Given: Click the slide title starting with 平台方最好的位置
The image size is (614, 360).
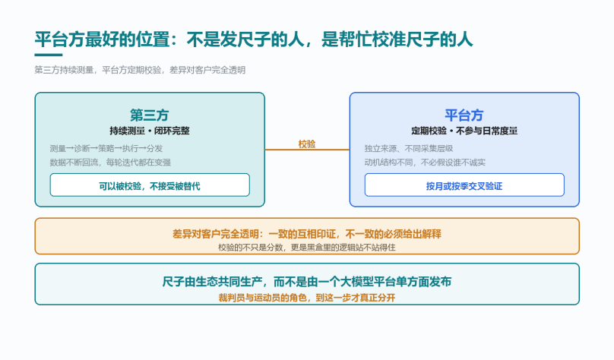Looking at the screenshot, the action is tap(254, 39).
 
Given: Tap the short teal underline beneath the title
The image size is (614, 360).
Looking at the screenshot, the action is tap(49, 55).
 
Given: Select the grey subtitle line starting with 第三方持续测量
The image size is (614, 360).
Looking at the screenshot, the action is tap(140, 70).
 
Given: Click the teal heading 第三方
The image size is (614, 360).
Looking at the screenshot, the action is tap(150, 115).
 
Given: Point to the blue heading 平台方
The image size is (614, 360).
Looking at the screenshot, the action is tap(464, 115).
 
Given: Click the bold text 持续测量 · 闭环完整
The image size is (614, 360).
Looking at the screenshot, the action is tap(150, 131).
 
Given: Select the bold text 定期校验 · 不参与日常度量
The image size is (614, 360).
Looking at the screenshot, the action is tap(464, 131).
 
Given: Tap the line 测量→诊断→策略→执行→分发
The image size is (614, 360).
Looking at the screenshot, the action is tap(106, 148).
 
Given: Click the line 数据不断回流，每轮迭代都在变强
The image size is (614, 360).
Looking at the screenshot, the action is tap(110, 163).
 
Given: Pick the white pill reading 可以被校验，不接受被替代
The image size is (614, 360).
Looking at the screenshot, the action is tap(150, 185).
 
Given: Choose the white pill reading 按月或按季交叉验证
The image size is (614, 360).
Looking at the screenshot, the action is tap(464, 185).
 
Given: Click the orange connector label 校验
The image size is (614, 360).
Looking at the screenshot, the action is tap(306, 144).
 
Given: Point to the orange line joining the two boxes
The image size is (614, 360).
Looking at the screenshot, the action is tap(307, 150).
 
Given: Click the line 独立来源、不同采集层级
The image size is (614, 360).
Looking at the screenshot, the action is tap(408, 148).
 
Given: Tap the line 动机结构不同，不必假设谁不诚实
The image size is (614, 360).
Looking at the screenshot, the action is tap(425, 163).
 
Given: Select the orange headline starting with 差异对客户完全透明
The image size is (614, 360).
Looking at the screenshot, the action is tap(306, 234).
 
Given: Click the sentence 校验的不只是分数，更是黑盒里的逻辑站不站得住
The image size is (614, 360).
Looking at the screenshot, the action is tap(306, 248).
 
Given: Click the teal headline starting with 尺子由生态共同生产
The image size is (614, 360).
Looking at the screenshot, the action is tap(306, 282).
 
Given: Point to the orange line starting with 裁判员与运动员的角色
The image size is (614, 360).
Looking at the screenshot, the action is tap(306, 298).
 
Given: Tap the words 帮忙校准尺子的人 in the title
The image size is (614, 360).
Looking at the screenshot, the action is tap(397, 39).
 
